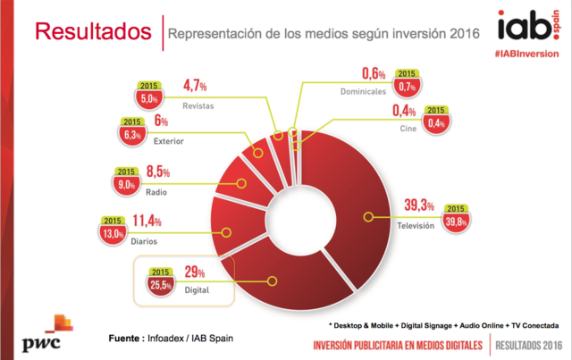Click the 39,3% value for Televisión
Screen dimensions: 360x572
tap(418, 205)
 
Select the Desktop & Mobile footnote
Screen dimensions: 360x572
tap(443, 324)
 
